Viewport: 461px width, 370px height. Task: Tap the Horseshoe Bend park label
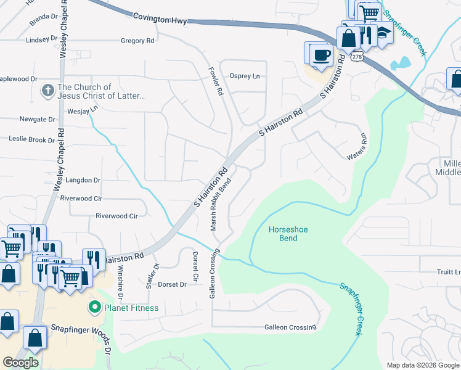[288, 234]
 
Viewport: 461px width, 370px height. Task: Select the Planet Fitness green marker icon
[95, 307]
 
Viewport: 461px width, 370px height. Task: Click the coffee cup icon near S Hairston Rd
[320, 54]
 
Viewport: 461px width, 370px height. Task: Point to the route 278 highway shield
[357, 56]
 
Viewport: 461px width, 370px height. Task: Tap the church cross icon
[47, 91]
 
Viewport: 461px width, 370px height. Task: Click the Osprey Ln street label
[245, 76]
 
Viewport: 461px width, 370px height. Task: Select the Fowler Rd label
[216, 81]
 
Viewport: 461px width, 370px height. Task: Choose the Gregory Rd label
[137, 41]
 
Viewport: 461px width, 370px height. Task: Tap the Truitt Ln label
[449, 272]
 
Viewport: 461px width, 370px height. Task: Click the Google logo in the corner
[20, 362]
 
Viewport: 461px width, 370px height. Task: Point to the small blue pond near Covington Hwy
[401, 63]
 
